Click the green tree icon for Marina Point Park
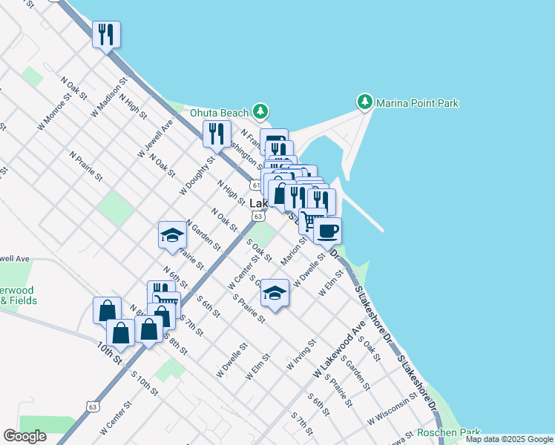(x=364, y=102)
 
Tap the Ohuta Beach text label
(x=219, y=113)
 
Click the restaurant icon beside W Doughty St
(x=216, y=133)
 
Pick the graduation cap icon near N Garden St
(x=172, y=236)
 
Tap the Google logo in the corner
(x=24, y=436)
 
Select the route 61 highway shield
(x=254, y=185)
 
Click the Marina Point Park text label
(x=417, y=103)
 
